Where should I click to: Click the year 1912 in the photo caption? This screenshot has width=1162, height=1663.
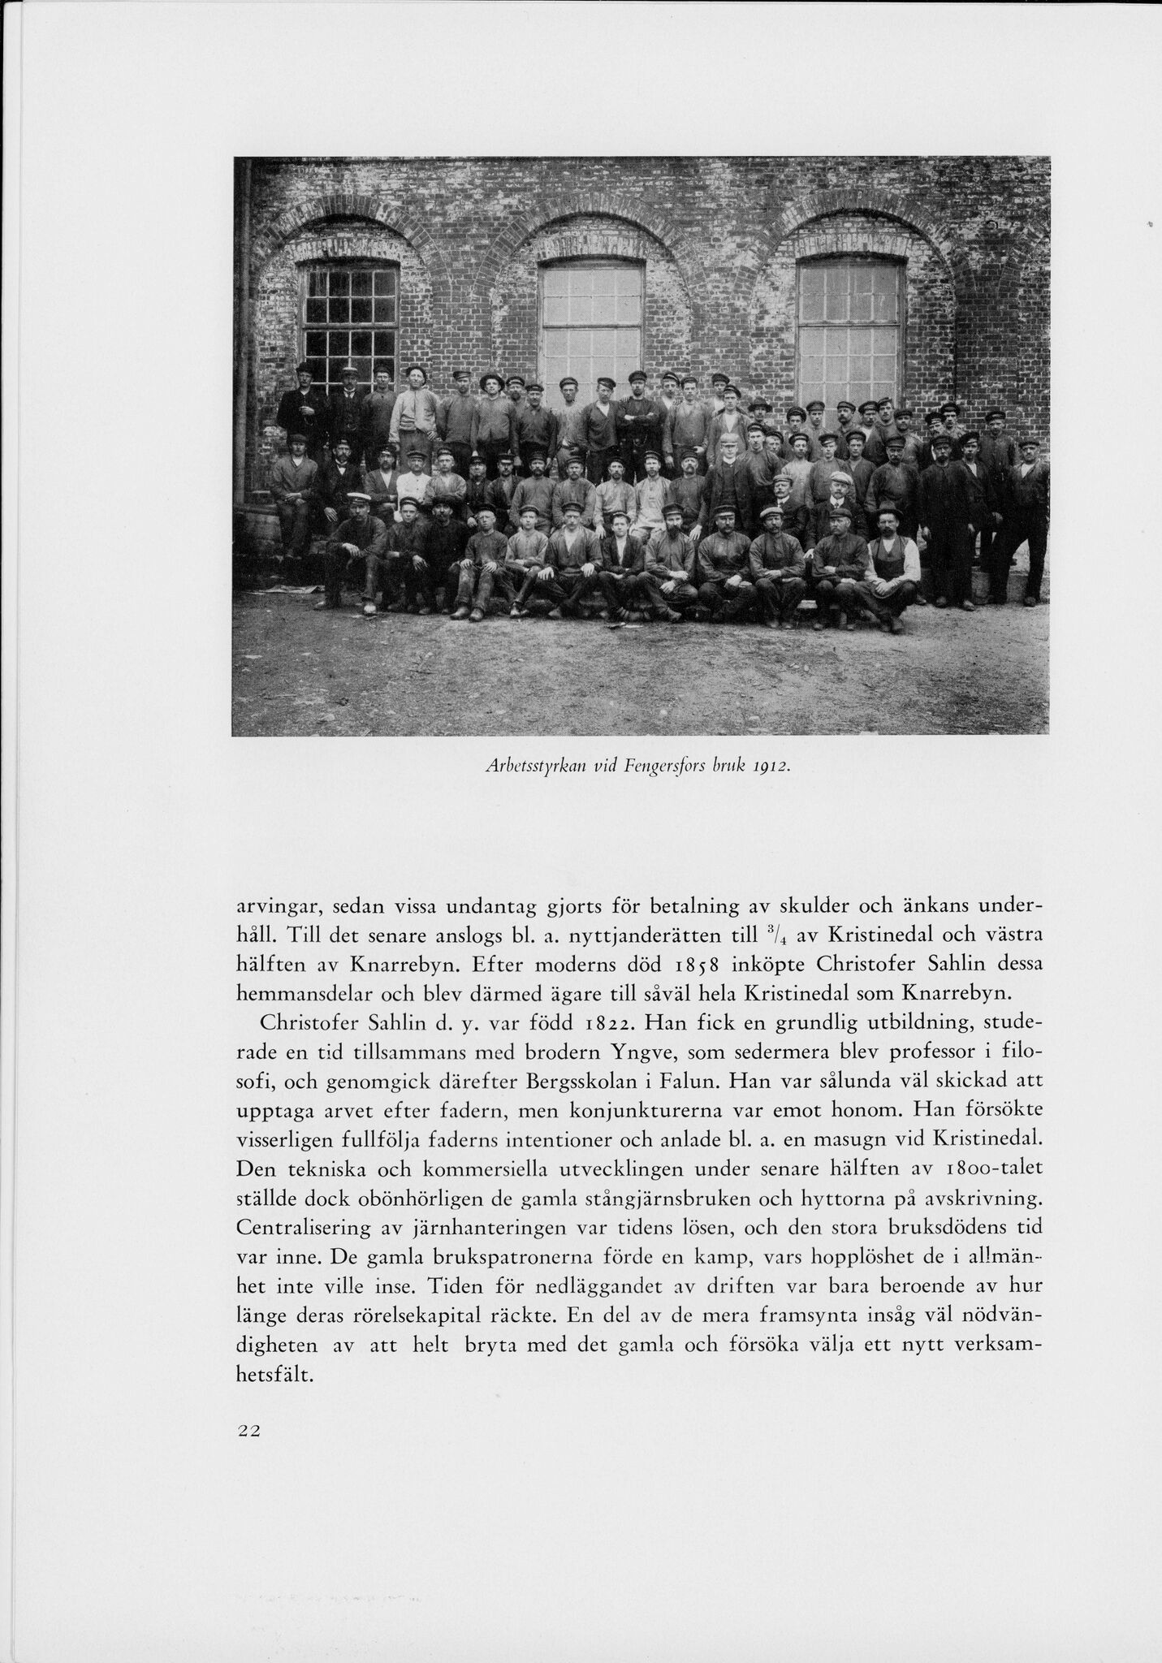pyautogui.click(x=771, y=766)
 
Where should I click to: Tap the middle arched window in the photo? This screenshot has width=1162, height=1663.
pyautogui.click(x=592, y=321)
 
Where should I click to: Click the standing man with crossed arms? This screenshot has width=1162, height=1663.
pyautogui.click(x=640, y=414)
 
